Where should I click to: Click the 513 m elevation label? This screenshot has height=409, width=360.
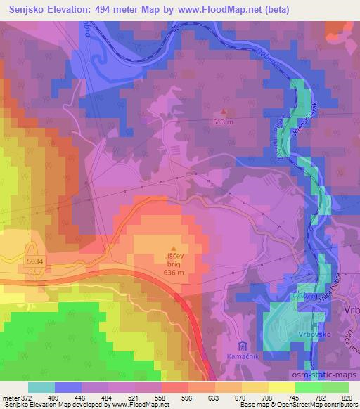tap(224, 121)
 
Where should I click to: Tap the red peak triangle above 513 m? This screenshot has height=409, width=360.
tap(224, 111)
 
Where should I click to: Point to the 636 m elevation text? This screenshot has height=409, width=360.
tap(173, 273)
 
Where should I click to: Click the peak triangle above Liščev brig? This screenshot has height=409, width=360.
tap(174, 248)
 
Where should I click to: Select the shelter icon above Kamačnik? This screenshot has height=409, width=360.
tap(243, 346)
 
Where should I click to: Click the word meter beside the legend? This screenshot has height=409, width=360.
tap(10, 398)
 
